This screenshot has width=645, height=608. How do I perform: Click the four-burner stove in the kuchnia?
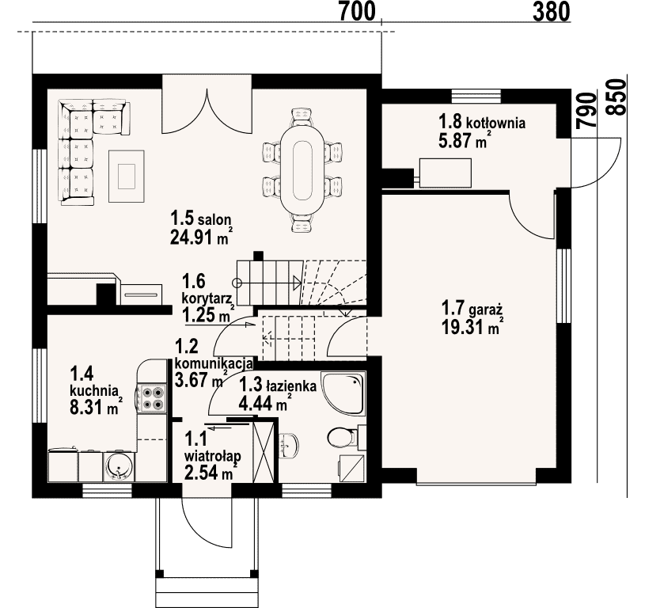[153, 398]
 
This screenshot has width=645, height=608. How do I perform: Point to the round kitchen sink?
[119, 466]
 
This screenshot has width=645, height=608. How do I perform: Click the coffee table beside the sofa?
[127, 176]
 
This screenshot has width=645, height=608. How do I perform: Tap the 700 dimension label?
[358, 12]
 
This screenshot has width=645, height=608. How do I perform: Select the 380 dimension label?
[552, 12]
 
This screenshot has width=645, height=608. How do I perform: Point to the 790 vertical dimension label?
[586, 110]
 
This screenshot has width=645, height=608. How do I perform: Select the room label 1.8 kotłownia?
[482, 123]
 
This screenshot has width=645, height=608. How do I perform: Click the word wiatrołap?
[213, 456]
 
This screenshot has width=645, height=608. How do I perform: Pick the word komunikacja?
[214, 363]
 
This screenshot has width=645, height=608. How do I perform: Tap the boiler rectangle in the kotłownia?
[445, 173]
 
